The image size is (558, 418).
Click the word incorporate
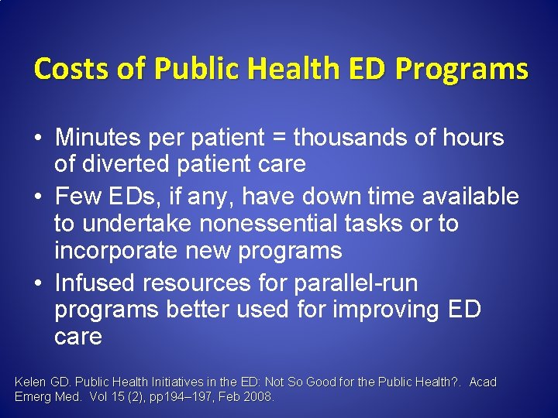[115, 251]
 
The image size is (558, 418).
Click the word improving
[374, 310]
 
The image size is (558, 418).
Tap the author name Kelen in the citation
[29, 382]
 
